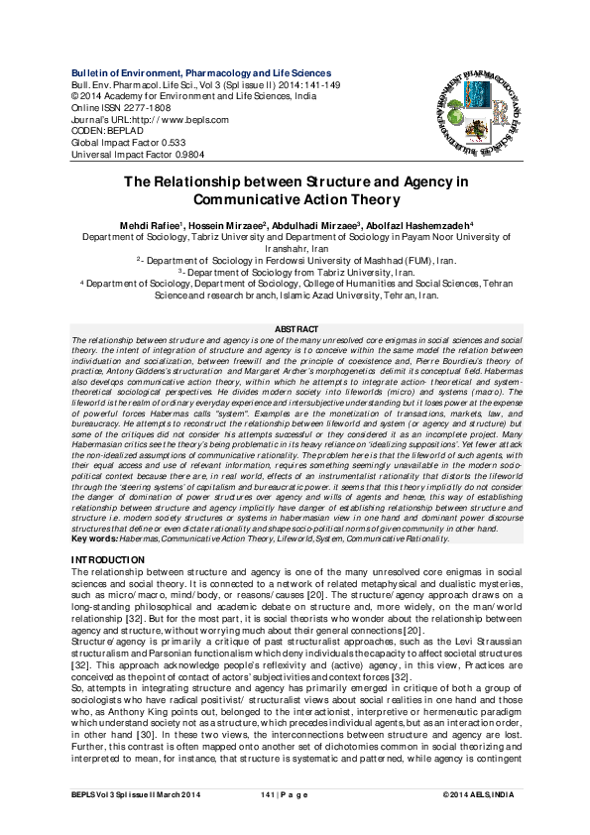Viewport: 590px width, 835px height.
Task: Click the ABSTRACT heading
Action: [x=295, y=329]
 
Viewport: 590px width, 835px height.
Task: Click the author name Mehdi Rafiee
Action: [x=147, y=225]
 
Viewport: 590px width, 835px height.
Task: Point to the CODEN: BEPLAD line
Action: [x=102, y=130]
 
